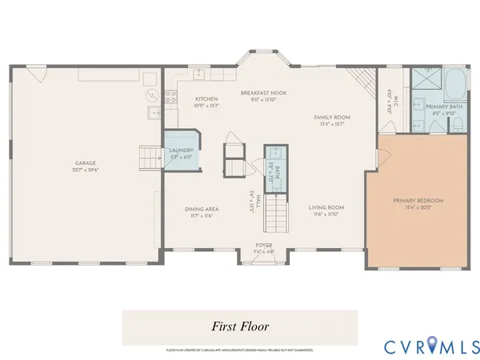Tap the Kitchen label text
click(x=206, y=98)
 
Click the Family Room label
click(x=331, y=118)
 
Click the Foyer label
click(x=264, y=245)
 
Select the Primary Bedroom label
click(x=418, y=201)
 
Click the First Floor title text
click(x=240, y=326)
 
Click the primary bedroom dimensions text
click(x=418, y=207)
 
